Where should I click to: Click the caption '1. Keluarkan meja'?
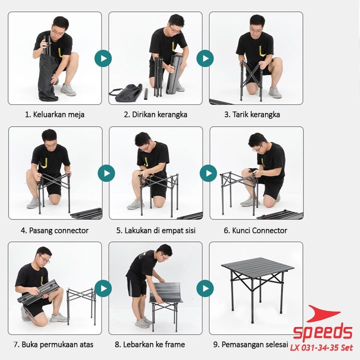tap(54, 114)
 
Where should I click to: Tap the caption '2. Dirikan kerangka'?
tap(155, 114)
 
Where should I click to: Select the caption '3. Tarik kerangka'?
tap(252, 114)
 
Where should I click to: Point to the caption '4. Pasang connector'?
tap(54, 230)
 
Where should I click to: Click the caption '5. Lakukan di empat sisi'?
tap(155, 230)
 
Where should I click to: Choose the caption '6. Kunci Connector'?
tap(255, 230)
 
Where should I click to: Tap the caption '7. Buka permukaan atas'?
tap(53, 344)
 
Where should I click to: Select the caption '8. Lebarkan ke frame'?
tap(149, 344)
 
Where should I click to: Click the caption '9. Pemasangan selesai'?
tap(250, 344)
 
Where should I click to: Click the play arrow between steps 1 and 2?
tap(103, 58)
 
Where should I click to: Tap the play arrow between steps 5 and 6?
tap(208, 173)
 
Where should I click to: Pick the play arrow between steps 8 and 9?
tap(205, 288)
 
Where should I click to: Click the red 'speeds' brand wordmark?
tap(322, 331)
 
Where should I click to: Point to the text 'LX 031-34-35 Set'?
tap(321, 347)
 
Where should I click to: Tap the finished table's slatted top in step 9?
tap(257, 266)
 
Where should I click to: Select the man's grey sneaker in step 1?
tap(68, 89)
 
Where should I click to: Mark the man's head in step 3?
tap(257, 24)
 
